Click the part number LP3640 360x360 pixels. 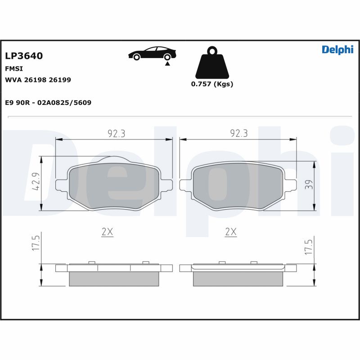click(24, 56)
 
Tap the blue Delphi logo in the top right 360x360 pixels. click(337, 50)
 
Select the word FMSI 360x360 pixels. click(14, 69)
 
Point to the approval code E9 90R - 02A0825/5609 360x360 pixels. click(48, 103)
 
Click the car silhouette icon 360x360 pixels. click(152, 53)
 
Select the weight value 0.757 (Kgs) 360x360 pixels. click(212, 84)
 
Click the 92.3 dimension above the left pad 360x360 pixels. click(116, 133)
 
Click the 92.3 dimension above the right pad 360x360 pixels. click(239, 133)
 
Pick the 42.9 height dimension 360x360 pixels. click(36, 183)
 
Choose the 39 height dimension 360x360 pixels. click(308, 185)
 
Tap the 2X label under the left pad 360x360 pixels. click(107, 232)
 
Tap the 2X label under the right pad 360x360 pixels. click(230, 232)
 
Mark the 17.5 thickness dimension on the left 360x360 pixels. click(36, 243)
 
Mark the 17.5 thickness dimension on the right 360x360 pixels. click(308, 247)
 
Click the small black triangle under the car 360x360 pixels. click(167, 64)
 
